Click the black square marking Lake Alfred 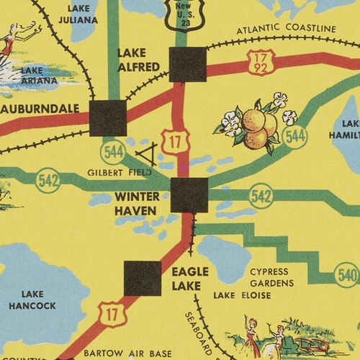187,65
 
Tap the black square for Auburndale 108,118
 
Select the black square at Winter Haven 189,195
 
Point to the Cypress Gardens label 274,277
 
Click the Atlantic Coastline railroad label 286,29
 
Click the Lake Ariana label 37,76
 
